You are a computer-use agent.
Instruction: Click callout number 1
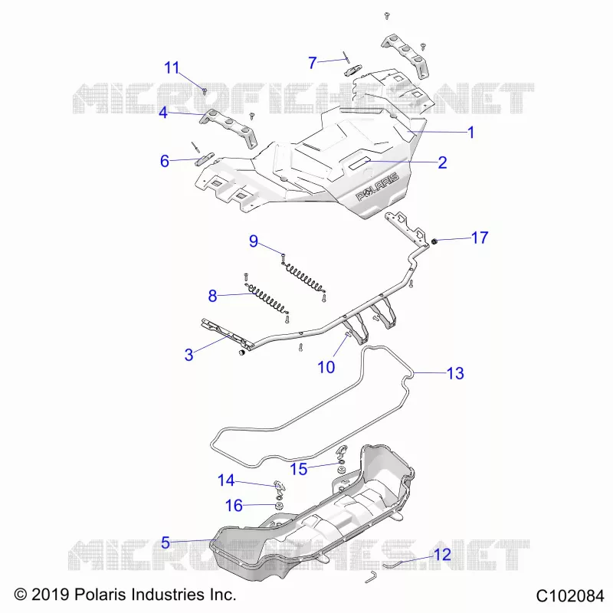point(471,133)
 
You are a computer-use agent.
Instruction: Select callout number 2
point(442,162)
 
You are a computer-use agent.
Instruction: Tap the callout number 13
point(455,373)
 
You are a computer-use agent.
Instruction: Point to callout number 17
point(480,238)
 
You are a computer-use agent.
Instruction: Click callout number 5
point(166,543)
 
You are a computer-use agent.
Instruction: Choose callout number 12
point(443,554)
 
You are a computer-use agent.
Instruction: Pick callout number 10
point(326,367)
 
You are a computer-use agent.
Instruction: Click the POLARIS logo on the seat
point(377,186)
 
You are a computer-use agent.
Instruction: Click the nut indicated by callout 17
point(434,241)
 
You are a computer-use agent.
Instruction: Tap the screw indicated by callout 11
point(204,91)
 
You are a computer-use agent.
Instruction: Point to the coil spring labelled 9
point(304,277)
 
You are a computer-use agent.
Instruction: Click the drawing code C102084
point(570,596)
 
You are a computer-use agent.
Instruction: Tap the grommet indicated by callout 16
point(280,506)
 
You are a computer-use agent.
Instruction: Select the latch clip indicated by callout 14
point(279,486)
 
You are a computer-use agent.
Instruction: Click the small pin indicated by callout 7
point(346,57)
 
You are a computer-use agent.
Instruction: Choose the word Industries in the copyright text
point(169,595)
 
